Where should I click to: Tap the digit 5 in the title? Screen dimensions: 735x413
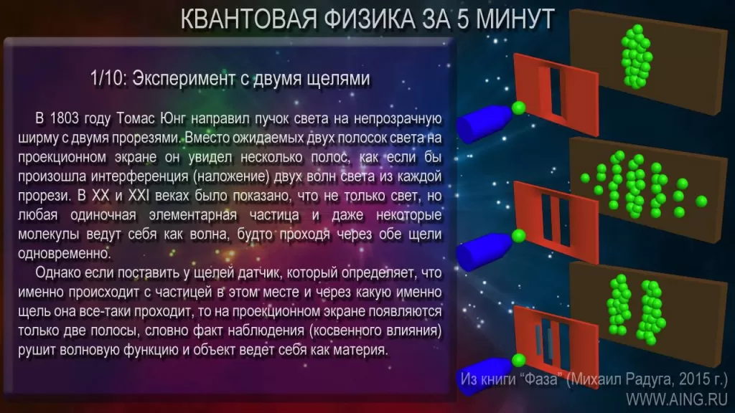coord(463,19)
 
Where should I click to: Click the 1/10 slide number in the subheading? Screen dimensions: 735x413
coord(107,78)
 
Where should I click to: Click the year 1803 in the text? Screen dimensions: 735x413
coord(64,118)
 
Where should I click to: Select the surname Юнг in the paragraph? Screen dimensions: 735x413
coord(173,118)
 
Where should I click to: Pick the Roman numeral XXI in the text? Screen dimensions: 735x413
coord(139,195)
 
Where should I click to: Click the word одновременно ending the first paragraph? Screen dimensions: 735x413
coord(65,253)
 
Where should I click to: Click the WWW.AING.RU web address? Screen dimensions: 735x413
coord(677,399)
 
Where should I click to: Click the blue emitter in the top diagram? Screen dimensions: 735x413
coord(483,123)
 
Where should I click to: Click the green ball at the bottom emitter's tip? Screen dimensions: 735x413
coord(518,360)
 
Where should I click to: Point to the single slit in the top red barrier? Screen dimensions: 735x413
coord(556,92)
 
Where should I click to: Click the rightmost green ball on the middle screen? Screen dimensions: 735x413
coord(701,201)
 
